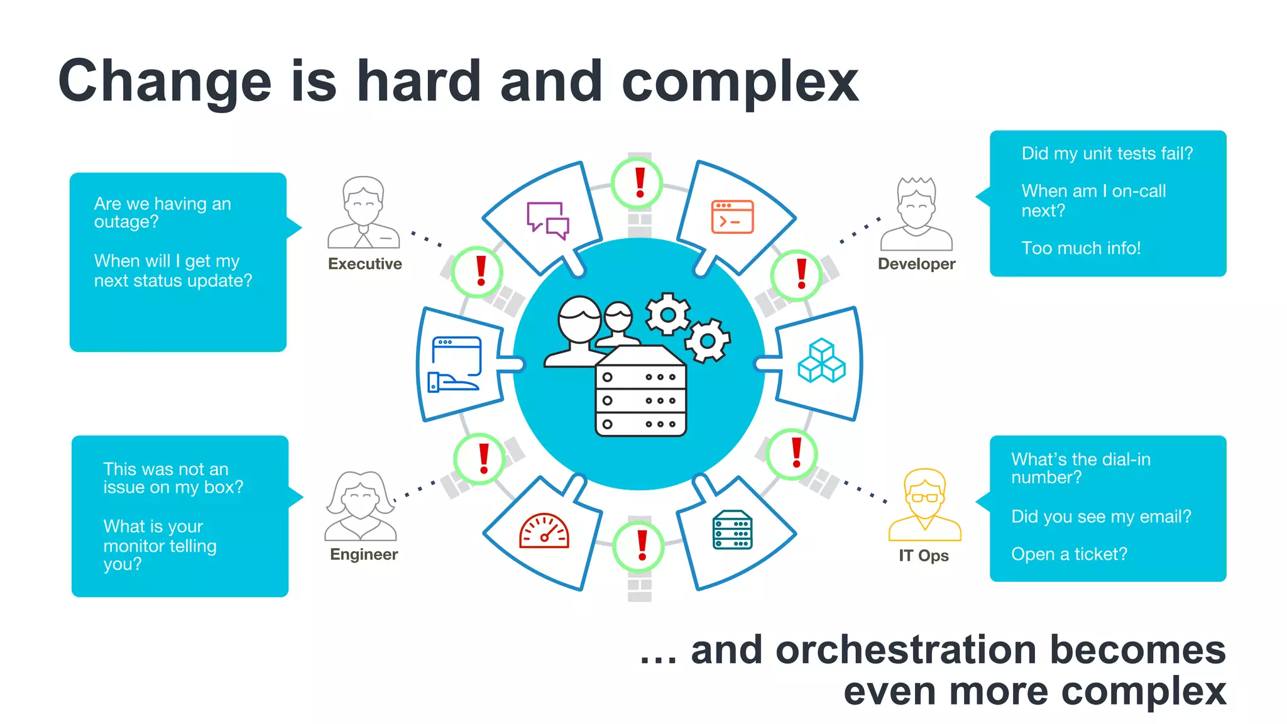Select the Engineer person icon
click(361, 506)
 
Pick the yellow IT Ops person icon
click(924, 505)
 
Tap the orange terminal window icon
click(732, 217)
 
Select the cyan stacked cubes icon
click(821, 361)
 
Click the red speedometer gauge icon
click(544, 531)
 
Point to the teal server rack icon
click(733, 530)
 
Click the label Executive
click(364, 264)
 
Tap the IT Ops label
click(923, 556)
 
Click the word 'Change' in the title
click(165, 82)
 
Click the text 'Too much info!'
click(1081, 248)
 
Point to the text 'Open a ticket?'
click(1069, 554)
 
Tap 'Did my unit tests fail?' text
click(1107, 153)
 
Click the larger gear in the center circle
click(667, 314)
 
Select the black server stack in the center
click(640, 393)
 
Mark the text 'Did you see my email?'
click(1101, 517)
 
